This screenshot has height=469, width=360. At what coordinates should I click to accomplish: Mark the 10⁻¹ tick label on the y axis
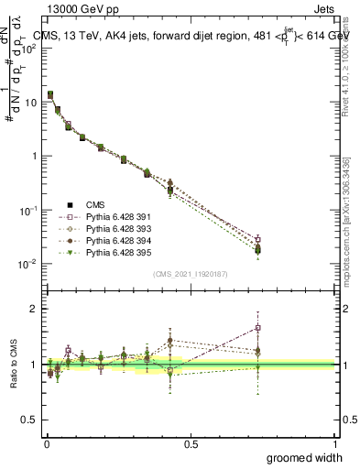point(28,211)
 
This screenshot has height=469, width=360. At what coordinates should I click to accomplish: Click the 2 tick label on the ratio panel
point(34,309)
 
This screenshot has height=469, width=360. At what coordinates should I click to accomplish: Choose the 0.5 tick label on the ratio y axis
point(29,420)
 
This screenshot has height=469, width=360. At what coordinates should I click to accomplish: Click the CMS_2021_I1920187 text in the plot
point(189,274)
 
